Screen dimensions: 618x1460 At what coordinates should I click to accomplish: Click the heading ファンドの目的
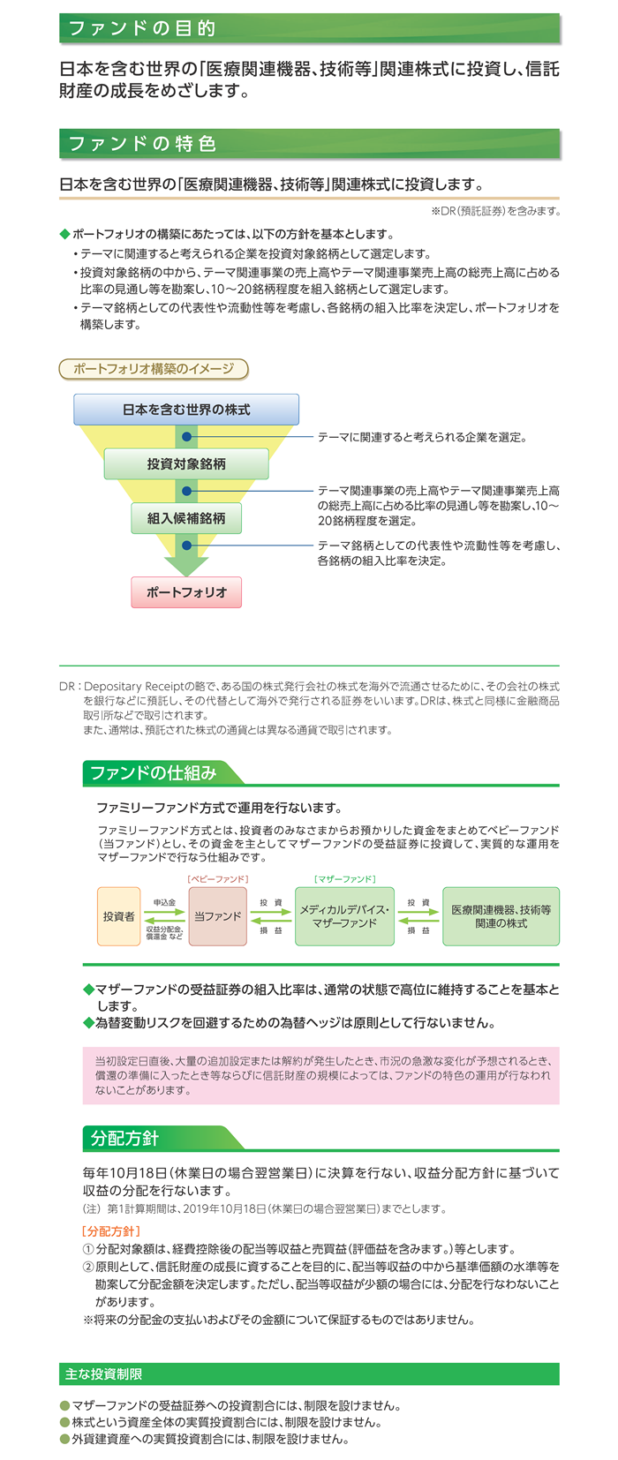click(142, 28)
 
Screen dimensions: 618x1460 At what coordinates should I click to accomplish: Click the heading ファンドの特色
click(142, 143)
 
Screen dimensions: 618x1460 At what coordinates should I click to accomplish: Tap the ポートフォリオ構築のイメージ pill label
click(154, 369)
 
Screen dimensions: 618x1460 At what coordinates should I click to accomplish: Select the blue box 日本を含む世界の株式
click(186, 410)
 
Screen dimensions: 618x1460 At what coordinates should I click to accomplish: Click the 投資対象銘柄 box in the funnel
click(186, 463)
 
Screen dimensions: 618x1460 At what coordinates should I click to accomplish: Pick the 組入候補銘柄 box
click(186, 518)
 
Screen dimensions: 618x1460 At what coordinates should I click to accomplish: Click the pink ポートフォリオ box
click(186, 592)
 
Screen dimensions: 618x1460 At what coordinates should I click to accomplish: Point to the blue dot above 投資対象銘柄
click(186, 437)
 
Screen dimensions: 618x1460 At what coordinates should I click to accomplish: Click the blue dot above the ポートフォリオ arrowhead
click(186, 545)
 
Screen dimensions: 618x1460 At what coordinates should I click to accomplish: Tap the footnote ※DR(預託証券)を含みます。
click(495, 211)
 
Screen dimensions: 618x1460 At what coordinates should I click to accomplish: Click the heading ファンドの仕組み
click(154, 773)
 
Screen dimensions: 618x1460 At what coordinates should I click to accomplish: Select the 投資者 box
click(118, 916)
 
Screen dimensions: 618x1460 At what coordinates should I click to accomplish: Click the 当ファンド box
click(218, 916)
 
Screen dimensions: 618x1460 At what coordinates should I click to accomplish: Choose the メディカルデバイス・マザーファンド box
click(345, 916)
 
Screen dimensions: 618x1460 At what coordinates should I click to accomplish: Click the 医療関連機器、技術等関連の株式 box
click(501, 916)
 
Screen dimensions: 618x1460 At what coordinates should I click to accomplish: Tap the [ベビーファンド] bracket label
click(218, 879)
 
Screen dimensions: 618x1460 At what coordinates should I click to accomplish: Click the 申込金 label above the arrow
click(164, 902)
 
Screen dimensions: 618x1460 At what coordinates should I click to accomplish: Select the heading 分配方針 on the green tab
click(124, 1138)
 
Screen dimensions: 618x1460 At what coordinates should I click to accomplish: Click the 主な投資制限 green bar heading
click(103, 1374)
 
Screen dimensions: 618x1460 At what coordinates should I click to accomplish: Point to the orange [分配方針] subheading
click(111, 1231)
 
